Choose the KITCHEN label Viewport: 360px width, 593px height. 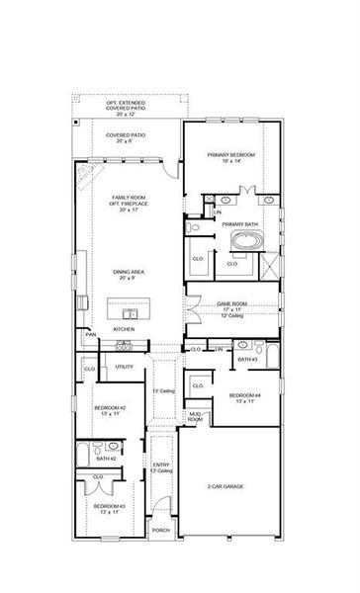click(124, 329)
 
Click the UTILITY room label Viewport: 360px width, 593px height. click(125, 367)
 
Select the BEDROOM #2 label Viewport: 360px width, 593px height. click(109, 408)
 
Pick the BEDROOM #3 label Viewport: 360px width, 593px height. click(109, 505)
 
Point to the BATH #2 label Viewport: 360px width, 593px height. click(106, 458)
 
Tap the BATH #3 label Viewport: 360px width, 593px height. click(246, 360)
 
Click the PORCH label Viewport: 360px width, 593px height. click(160, 530)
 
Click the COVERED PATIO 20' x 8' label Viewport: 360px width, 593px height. click(126, 136)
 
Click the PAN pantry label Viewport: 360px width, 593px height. click(90, 335)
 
